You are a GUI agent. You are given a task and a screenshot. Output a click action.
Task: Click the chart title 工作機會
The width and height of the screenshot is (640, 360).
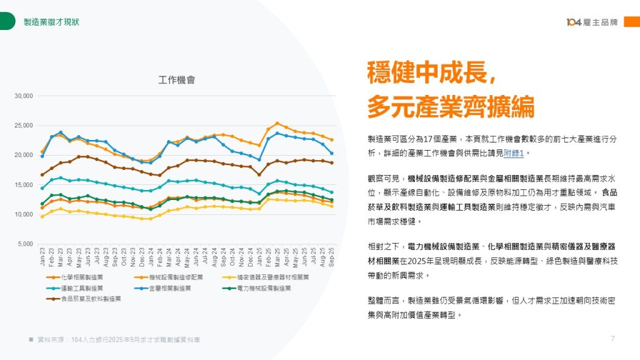pos(177,80)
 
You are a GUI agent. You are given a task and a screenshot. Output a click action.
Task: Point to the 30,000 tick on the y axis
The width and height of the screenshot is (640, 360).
pos(24,96)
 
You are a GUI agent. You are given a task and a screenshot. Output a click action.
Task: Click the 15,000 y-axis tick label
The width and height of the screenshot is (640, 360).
pos(24,185)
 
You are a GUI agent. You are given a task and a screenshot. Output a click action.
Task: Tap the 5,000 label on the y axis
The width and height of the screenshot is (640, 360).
pos(26,244)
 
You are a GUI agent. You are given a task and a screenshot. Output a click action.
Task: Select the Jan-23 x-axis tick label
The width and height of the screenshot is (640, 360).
pos(42,256)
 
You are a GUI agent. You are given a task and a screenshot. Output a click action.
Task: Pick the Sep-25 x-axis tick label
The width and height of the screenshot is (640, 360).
pos(331,256)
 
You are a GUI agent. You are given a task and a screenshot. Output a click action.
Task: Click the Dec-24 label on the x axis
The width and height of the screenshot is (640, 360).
pos(250,256)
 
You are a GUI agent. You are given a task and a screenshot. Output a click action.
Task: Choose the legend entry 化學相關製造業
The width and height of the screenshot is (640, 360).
pos(82,277)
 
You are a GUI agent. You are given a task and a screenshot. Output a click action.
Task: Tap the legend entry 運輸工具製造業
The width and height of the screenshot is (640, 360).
pos(82,288)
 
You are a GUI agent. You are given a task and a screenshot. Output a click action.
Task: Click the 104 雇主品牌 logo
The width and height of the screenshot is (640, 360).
pos(592,22)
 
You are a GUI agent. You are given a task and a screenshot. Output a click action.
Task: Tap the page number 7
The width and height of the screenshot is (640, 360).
pos(612,339)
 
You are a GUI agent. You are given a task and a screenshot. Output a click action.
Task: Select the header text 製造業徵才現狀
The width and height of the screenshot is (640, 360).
pos(51,22)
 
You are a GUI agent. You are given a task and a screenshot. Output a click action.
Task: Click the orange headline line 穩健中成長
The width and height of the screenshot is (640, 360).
pos(432,73)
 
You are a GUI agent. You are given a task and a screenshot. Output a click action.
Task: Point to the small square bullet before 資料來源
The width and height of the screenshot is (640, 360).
pos(31,339)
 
